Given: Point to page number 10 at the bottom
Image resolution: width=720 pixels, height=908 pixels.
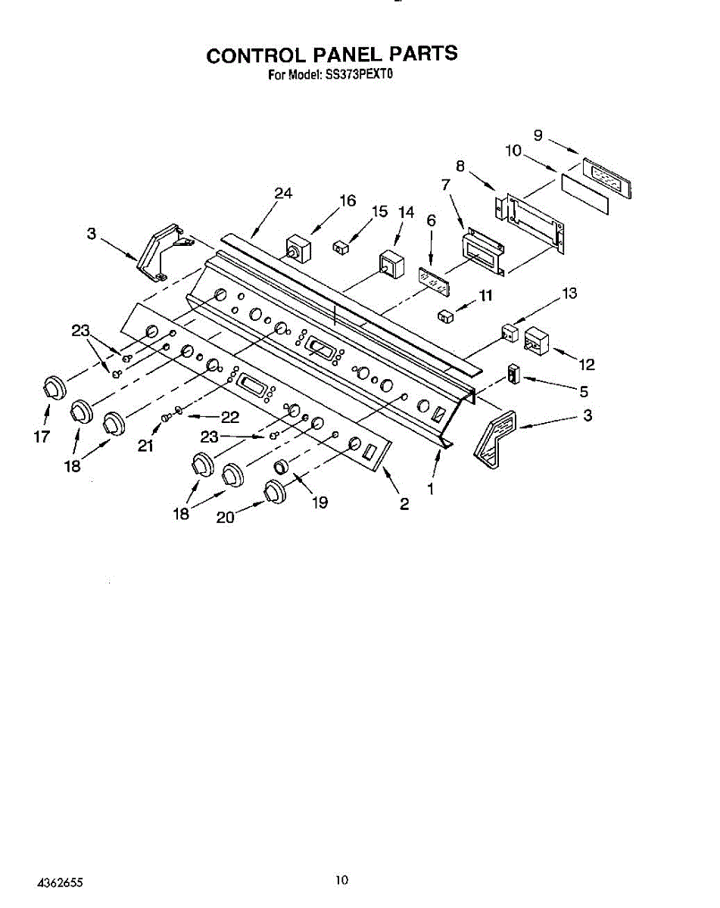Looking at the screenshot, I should [342, 879].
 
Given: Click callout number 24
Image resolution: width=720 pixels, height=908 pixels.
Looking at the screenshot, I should [283, 194].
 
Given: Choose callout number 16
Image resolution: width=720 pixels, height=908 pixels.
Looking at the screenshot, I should [348, 201].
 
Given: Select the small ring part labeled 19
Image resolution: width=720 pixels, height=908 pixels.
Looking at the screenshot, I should [282, 467].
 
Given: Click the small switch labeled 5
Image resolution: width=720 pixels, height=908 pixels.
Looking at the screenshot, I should [514, 373].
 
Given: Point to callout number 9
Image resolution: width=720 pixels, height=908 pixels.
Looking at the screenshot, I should [538, 135].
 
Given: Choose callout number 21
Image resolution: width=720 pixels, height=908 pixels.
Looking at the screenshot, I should [145, 446].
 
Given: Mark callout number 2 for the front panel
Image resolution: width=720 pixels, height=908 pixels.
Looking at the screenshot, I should [404, 505].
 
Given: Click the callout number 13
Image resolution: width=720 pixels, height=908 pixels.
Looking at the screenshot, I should [569, 294].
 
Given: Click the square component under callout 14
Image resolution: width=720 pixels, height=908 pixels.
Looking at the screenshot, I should [392, 263].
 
